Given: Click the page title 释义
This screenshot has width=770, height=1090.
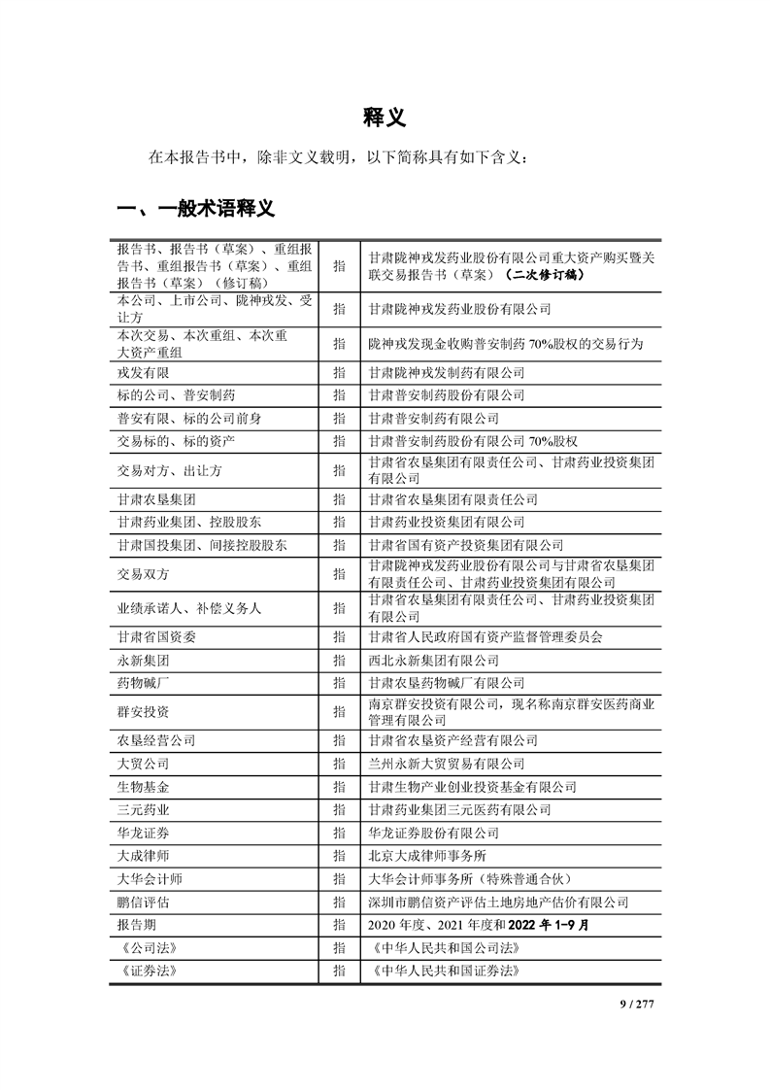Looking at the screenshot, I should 385,117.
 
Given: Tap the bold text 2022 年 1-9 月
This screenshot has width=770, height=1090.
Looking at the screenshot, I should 542,925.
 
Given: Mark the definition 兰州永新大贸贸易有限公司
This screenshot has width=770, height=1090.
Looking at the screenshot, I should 446,764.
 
